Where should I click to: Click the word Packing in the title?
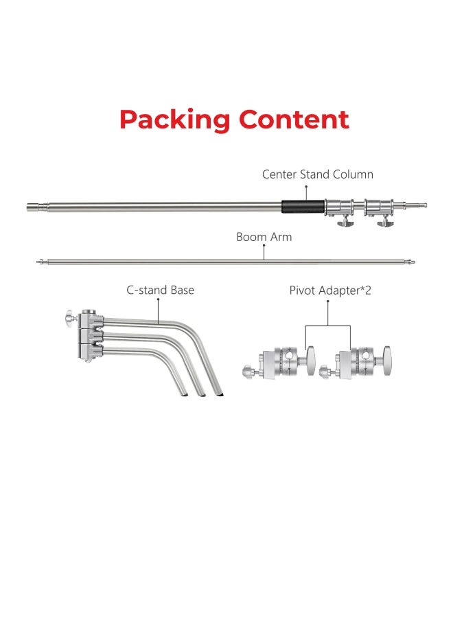[174, 119]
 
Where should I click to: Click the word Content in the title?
[294, 119]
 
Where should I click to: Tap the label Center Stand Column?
[317, 174]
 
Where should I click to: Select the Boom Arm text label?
[264, 237]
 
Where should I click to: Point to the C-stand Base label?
[160, 290]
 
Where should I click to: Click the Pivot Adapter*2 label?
[329, 290]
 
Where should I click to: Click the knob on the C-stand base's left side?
[68, 317]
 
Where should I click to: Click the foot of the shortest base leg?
[183, 392]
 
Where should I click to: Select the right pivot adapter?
[357, 362]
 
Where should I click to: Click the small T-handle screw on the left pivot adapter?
[248, 371]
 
